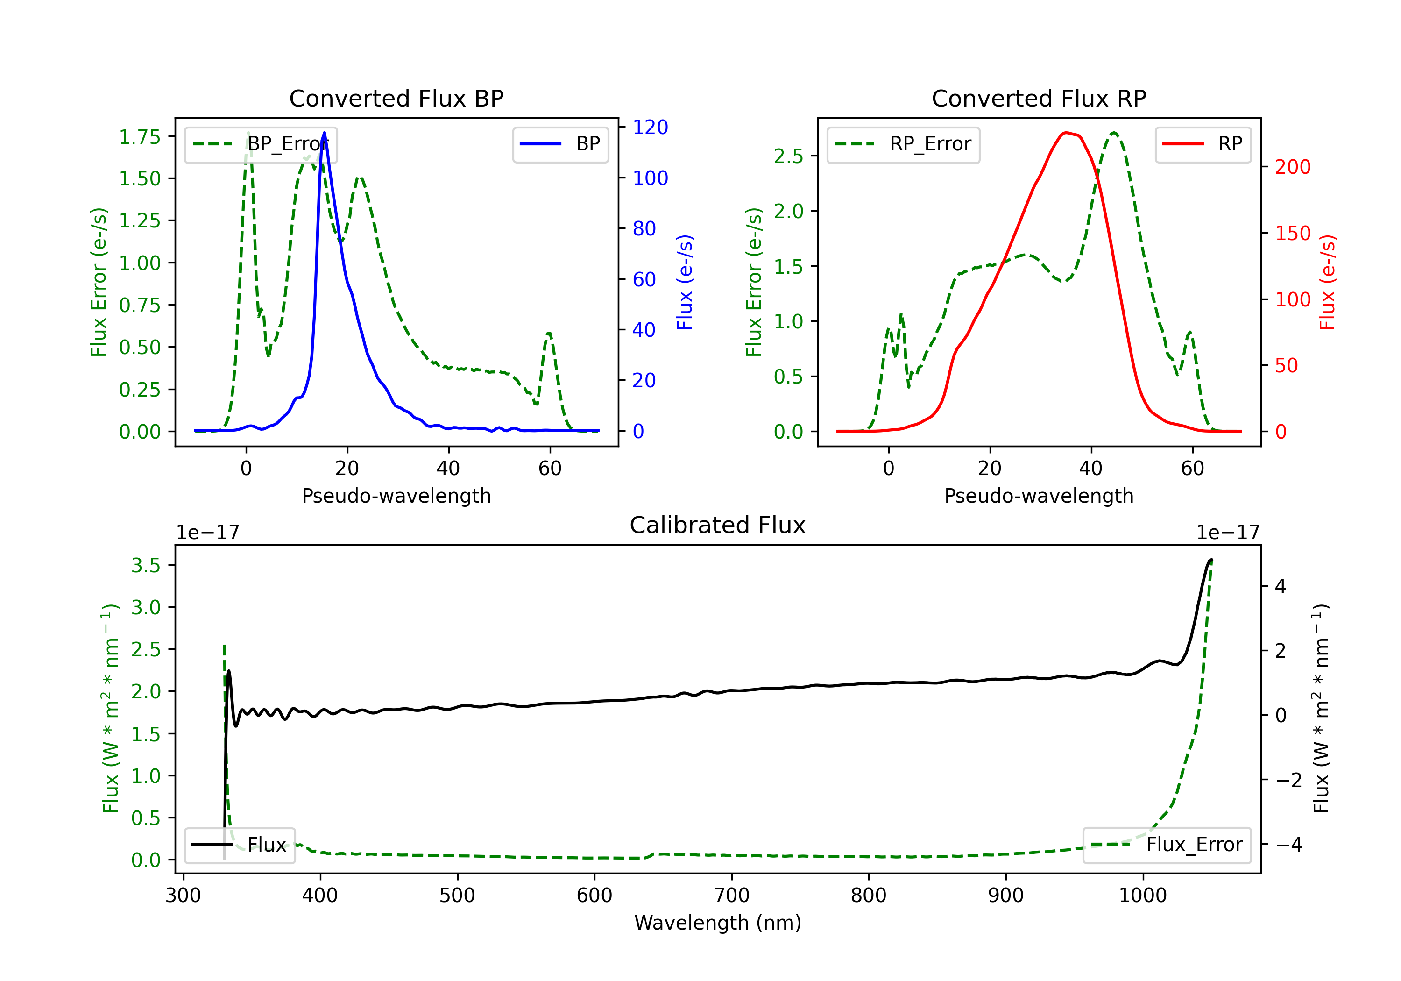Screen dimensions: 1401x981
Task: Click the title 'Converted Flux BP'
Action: tap(396, 98)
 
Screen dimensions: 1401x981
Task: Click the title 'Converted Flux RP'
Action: tap(1039, 98)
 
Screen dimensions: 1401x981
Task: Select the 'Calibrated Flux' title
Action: tap(718, 525)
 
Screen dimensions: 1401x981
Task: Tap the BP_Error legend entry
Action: tap(261, 144)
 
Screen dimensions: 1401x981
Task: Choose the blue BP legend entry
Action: tap(560, 144)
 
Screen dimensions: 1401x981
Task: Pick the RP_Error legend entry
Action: tap(903, 144)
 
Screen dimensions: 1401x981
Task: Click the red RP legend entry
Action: tap(1203, 144)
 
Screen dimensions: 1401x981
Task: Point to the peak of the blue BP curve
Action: tap(324, 133)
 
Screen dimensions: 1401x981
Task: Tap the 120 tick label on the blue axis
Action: tap(651, 127)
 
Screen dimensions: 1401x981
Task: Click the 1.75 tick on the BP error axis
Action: tap(140, 137)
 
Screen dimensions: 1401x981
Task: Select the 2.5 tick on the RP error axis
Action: tap(788, 156)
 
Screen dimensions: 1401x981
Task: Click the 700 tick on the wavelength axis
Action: tap(732, 896)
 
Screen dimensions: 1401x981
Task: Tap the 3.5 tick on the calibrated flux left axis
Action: tap(146, 565)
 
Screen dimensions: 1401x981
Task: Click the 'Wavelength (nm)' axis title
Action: tap(718, 923)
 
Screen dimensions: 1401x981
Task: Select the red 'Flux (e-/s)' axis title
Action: tap(1328, 282)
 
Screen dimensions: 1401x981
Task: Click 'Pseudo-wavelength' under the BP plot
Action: tap(396, 496)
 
